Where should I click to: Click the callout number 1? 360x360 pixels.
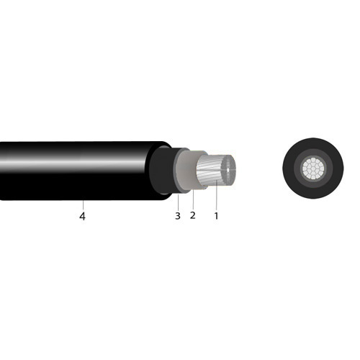216,216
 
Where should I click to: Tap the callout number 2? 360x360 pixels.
192,215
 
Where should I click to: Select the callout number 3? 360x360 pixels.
178,216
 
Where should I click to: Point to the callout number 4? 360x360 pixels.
82,217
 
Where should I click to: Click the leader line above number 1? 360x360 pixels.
216,195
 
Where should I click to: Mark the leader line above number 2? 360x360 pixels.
193,199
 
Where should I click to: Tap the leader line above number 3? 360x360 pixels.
178,202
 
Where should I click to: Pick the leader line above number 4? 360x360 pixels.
83,204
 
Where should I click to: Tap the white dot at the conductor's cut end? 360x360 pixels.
228,170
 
